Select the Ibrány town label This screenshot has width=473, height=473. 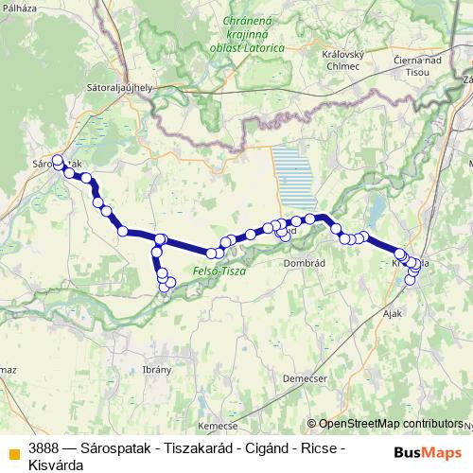tap(154, 369)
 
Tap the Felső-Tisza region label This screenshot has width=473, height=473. tap(219, 272)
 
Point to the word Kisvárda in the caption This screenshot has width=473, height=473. tap(56, 464)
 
